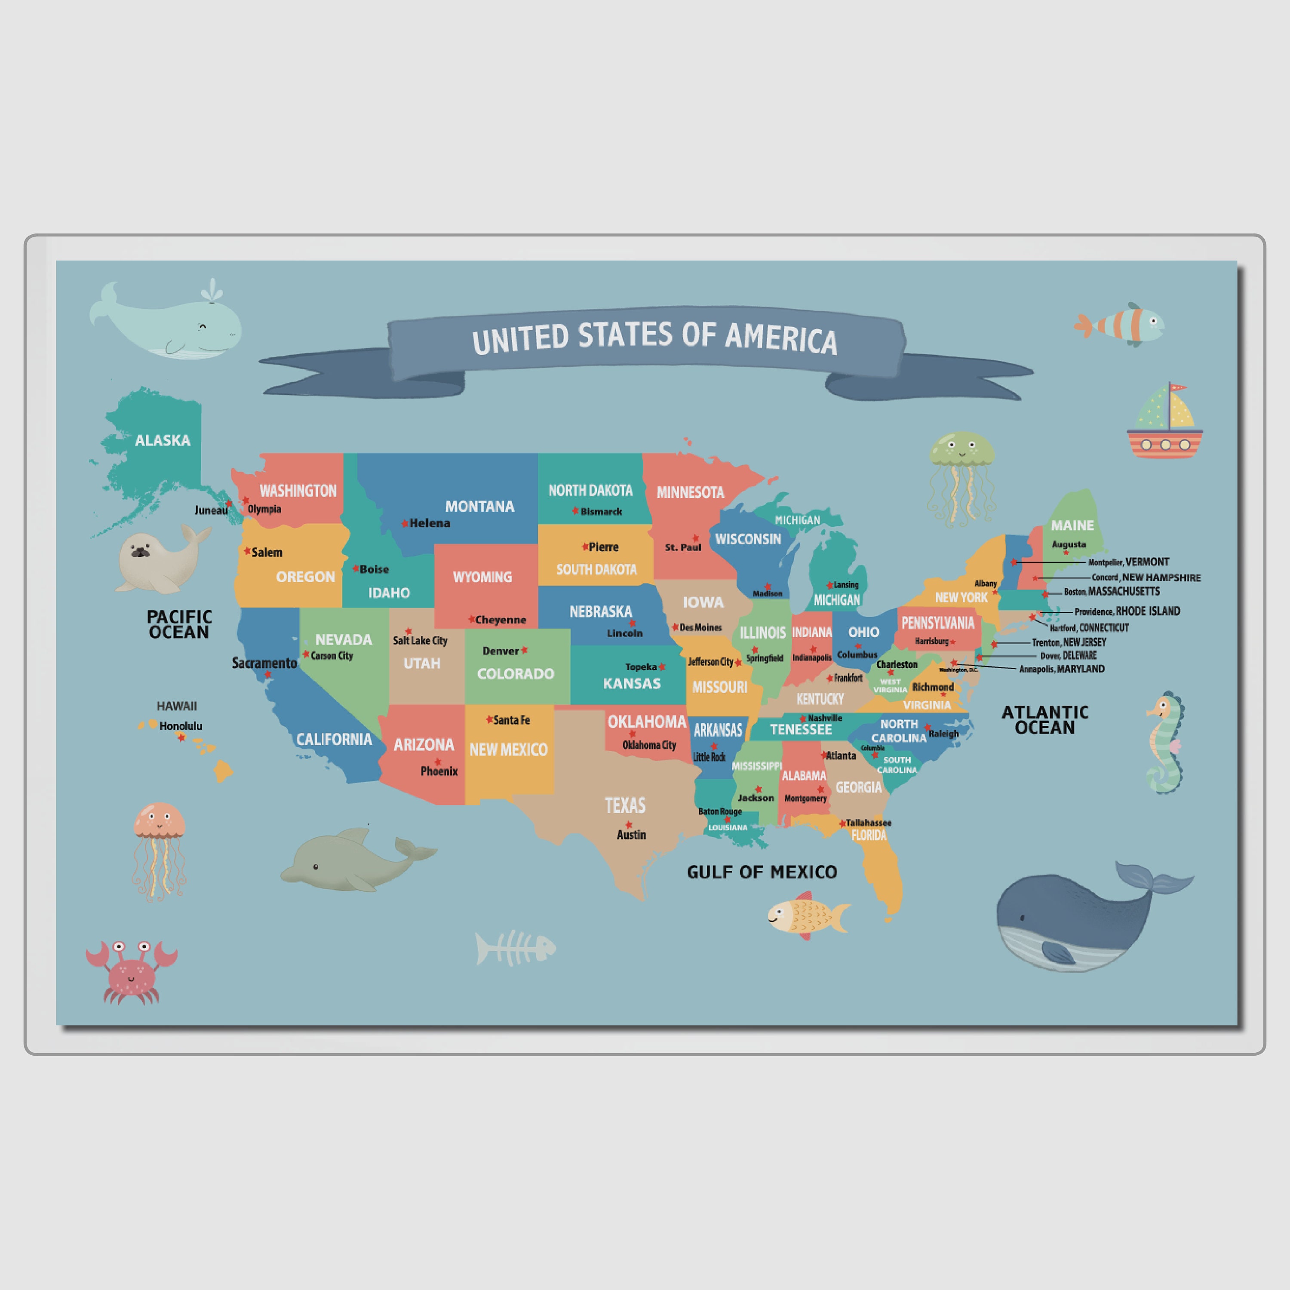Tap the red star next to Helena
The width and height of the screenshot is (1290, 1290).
click(x=405, y=523)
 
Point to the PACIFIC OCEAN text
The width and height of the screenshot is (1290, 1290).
click(x=179, y=624)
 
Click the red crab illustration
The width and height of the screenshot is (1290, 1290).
click(x=132, y=971)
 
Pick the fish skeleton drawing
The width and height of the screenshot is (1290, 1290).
click(x=515, y=947)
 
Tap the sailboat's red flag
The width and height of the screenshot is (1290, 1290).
click(x=1178, y=387)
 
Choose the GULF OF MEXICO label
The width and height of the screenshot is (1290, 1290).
click(x=762, y=872)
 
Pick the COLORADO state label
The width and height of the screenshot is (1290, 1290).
click(x=516, y=674)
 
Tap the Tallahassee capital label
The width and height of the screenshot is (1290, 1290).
click(x=868, y=823)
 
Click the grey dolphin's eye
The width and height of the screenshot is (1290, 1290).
click(x=316, y=867)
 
